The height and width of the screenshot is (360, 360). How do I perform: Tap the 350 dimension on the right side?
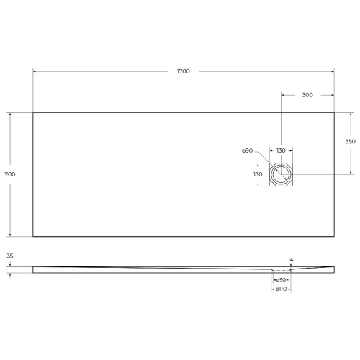click(351, 143)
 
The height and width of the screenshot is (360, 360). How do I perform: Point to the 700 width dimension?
click(10, 174)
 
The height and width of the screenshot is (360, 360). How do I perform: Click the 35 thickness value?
click(10, 256)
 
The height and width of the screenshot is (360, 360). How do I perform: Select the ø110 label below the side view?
click(282, 289)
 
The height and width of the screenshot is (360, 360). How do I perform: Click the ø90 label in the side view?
click(282, 279)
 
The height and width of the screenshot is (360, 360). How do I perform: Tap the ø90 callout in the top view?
click(246, 150)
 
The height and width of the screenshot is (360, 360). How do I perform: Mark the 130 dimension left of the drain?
click(257, 174)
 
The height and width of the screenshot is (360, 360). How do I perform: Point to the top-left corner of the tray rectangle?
click(33, 112)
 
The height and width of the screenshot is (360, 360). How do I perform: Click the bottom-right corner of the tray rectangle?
click(335, 237)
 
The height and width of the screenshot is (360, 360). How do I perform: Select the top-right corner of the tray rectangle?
click(335, 112)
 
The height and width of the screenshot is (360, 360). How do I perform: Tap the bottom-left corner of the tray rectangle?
click(33, 237)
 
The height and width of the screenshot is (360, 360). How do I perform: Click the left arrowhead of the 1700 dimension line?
click(35, 71)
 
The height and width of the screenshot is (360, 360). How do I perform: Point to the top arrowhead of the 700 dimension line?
click(10, 114)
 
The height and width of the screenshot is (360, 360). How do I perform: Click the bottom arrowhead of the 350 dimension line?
click(351, 173)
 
